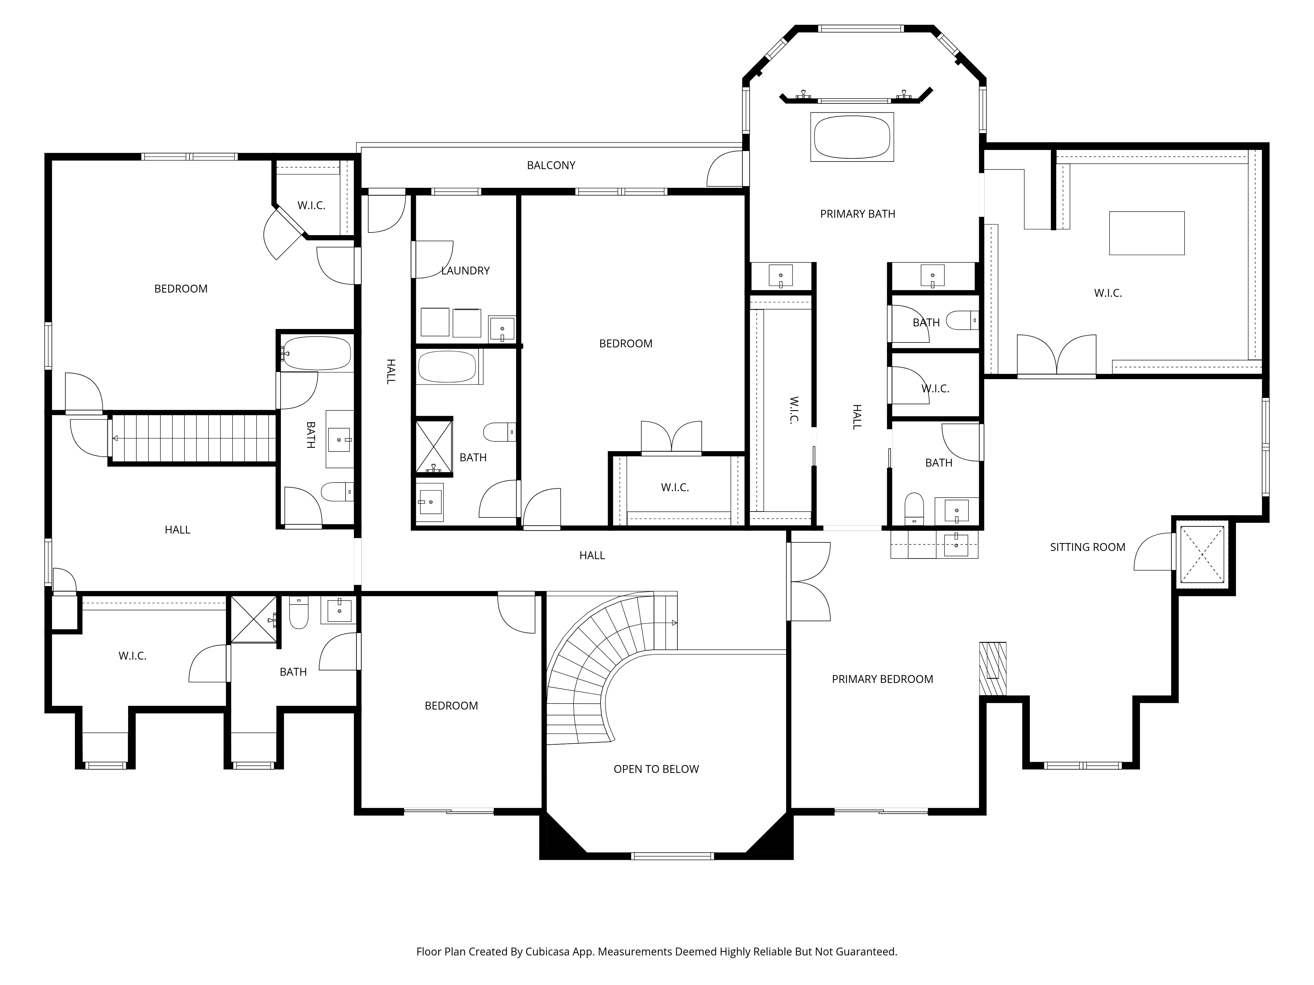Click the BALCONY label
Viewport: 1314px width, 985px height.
click(551, 165)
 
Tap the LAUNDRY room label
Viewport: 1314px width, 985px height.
click(465, 271)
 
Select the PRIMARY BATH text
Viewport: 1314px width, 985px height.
click(857, 214)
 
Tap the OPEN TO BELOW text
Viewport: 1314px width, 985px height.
click(656, 769)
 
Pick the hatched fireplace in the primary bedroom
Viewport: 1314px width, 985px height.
click(993, 668)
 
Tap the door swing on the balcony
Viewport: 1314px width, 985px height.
click(725, 169)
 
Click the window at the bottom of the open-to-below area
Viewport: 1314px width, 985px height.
click(672, 856)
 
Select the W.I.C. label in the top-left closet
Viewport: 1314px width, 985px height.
click(311, 206)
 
